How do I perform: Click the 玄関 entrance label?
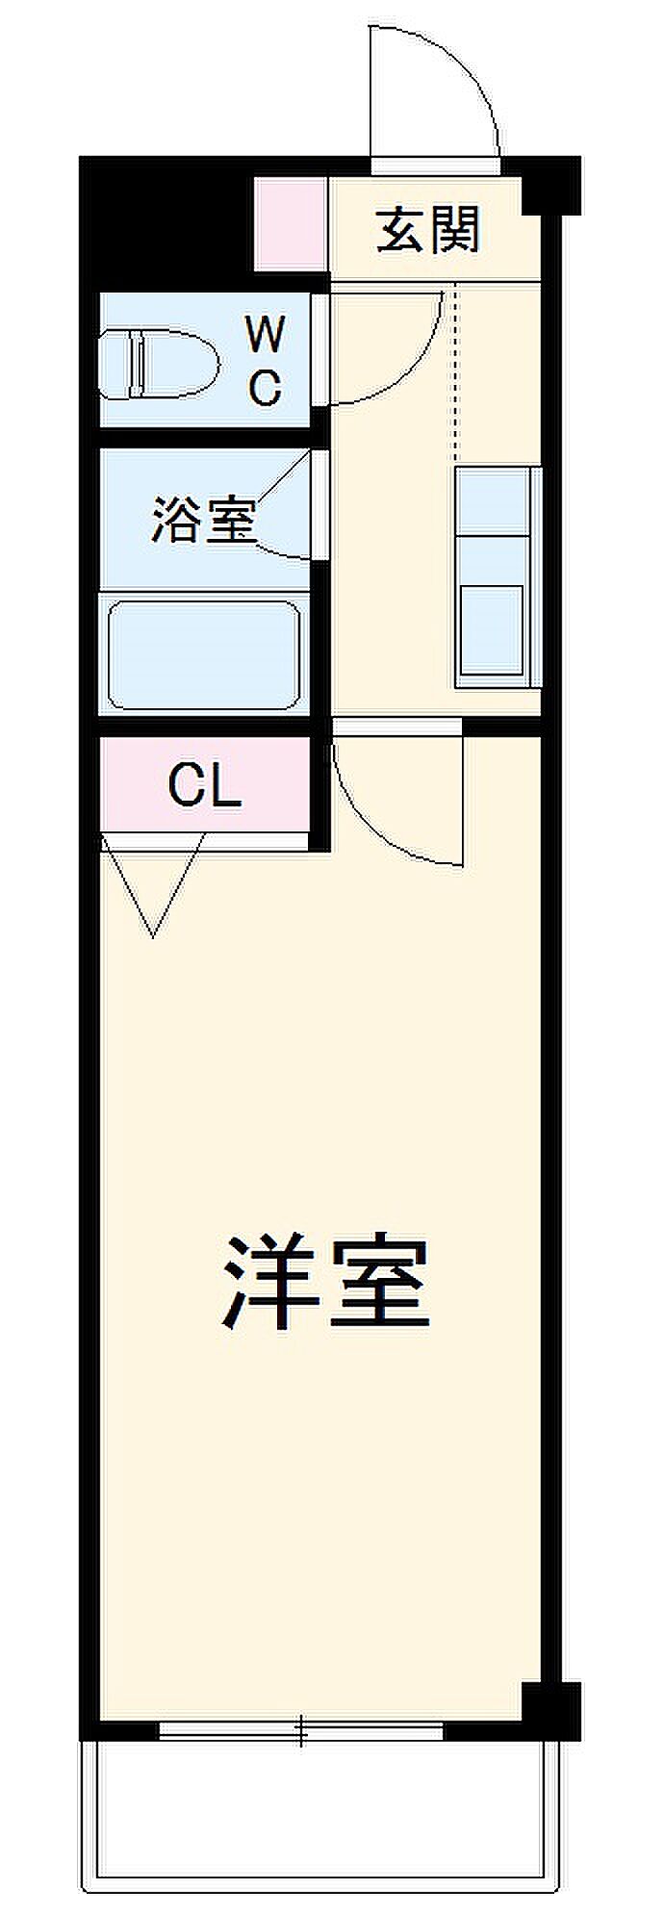[x=428, y=230]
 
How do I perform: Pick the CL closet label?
[x=204, y=786]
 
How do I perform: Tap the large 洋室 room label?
[x=326, y=1279]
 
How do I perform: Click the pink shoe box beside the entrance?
[x=292, y=224]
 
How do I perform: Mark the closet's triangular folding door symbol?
[x=153, y=885]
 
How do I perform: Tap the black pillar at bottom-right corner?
[x=551, y=1711]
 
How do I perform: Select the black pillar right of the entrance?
[x=551, y=185]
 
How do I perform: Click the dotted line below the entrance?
[x=458, y=375]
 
